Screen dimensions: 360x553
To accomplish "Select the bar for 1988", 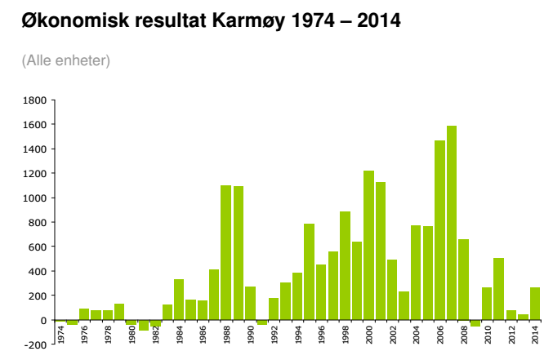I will pyautogui.click(x=226, y=252).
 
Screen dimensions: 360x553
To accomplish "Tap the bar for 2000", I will pyautogui.click(x=368, y=245).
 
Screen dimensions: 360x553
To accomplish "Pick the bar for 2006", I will pyautogui.click(x=439, y=229).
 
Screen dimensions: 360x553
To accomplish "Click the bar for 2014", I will pyautogui.click(x=535, y=303).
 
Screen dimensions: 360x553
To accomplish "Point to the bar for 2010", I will pyautogui.click(x=487, y=303).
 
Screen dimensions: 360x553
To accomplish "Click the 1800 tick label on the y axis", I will pyautogui.click(x=34, y=100).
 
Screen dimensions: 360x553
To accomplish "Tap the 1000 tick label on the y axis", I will pyautogui.click(x=34, y=198).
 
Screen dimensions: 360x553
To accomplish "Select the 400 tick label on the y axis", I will pyautogui.click(x=37, y=271).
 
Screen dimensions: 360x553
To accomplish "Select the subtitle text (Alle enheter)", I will pyautogui.click(x=66, y=60).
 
